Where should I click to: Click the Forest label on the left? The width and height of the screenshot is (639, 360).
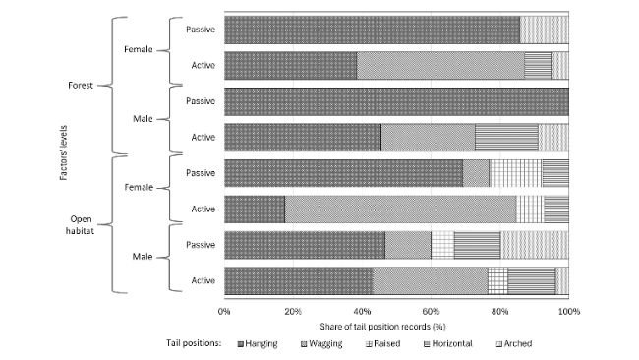pos(80,86)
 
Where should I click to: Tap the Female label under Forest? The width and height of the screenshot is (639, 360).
pos(137,47)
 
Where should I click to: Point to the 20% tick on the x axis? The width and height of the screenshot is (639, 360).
pos(293,311)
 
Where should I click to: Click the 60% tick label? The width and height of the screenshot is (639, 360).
pos(431,311)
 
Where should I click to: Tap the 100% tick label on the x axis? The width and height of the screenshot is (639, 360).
pos(567,311)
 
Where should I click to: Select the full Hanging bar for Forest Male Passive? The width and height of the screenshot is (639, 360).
pos(396,101)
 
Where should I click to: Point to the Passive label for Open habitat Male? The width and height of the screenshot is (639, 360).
pos(201,243)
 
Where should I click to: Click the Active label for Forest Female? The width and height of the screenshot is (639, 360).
pos(203,65)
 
